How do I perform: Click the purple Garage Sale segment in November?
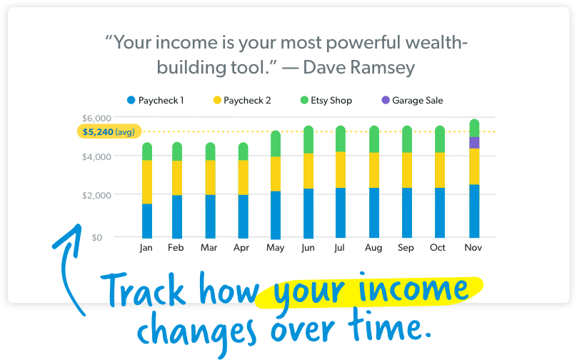(x=474, y=143)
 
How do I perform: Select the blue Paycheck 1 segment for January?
(x=147, y=221)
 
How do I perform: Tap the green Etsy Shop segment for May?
(x=276, y=144)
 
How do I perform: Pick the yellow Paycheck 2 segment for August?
(x=374, y=170)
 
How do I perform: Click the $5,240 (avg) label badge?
(x=109, y=131)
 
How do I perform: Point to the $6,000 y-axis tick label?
(x=96, y=118)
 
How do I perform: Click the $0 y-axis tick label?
(x=97, y=237)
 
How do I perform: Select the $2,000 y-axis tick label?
(x=96, y=195)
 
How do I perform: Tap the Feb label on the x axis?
(x=176, y=247)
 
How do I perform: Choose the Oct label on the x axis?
(x=438, y=247)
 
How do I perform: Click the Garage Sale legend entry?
(x=412, y=100)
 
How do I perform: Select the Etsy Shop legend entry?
(x=326, y=100)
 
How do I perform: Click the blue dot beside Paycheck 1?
(x=131, y=100)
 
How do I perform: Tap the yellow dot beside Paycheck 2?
(x=217, y=100)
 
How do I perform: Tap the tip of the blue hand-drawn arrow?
(x=79, y=224)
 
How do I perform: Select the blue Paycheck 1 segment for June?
(x=308, y=214)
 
